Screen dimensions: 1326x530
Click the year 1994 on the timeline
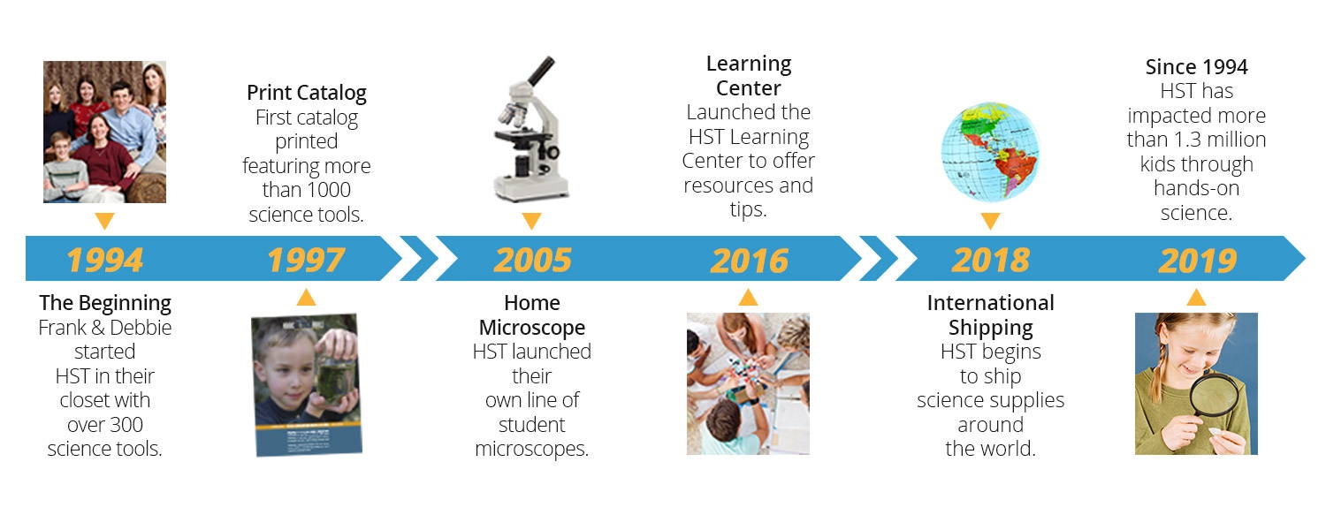point(105,260)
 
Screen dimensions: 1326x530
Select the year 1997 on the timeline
point(306,260)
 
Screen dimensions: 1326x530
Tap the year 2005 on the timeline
point(533,260)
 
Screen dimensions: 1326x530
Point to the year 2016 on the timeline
point(749,261)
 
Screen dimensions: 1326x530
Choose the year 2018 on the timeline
point(990,260)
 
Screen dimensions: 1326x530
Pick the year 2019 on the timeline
point(1197,261)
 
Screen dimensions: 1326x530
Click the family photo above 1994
point(105,132)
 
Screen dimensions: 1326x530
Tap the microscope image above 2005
point(531,129)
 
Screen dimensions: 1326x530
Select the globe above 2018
point(990,152)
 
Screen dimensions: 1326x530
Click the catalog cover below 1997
point(306,384)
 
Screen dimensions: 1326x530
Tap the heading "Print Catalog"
point(307,93)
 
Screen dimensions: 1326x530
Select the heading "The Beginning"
point(105,303)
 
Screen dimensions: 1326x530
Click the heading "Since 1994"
point(1196,67)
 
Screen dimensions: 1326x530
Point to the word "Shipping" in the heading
point(990,328)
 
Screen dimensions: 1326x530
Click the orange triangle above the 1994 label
point(105,221)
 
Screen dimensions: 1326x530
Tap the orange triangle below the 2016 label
point(748,297)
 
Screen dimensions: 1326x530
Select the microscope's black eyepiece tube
point(541,71)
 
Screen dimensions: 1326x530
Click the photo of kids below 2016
point(748,384)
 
